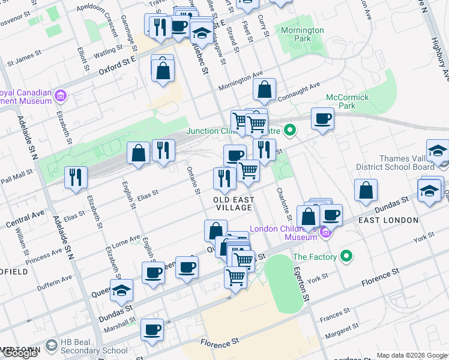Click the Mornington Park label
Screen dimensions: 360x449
click(301, 34)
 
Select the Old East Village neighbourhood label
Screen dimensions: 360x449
click(234, 203)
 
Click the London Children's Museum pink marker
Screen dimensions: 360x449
click(326, 232)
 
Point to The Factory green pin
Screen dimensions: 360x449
click(346, 257)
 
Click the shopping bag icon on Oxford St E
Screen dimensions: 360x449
click(163, 70)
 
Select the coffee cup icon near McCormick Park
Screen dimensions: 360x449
click(322, 119)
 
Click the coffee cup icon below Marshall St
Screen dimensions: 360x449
click(151, 329)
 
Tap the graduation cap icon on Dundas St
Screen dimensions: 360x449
click(121, 290)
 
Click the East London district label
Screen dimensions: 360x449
click(388, 220)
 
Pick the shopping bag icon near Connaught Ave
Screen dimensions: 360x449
click(264, 90)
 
